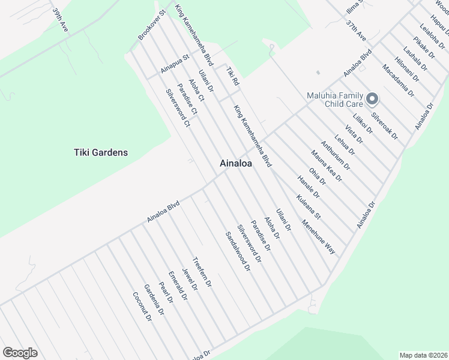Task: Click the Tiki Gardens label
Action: (100, 152)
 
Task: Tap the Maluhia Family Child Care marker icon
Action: (372, 98)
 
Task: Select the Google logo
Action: (20, 353)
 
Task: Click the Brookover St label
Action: (151, 26)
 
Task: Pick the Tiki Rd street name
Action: (232, 77)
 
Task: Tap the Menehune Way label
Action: (319, 238)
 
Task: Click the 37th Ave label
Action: (356, 31)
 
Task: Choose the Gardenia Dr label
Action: (154, 299)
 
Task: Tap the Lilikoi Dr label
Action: (363, 121)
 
